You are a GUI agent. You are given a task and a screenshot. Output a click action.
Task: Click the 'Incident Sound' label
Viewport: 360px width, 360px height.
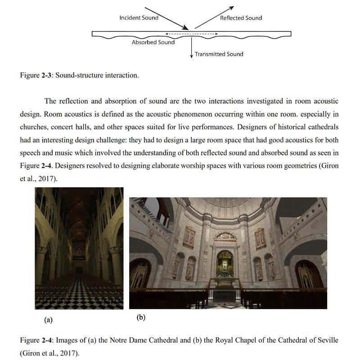[139, 18]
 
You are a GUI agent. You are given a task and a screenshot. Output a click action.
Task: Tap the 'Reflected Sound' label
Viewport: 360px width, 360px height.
[241, 18]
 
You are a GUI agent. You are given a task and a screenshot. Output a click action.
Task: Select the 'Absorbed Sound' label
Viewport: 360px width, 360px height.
[153, 42]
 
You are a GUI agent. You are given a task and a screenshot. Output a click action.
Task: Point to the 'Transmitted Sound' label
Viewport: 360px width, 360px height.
[219, 54]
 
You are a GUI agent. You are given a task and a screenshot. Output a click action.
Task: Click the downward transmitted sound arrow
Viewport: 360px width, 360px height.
[192, 47]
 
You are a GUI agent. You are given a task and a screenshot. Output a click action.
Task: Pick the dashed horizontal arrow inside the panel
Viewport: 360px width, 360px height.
[192, 34]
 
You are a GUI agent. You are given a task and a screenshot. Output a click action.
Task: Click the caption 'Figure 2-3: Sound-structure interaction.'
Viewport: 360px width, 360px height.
[79, 75]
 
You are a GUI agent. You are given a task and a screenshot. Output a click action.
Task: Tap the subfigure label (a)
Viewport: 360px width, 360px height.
[48, 320]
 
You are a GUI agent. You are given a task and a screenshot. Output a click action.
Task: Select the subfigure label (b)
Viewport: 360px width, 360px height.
[141, 317]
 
